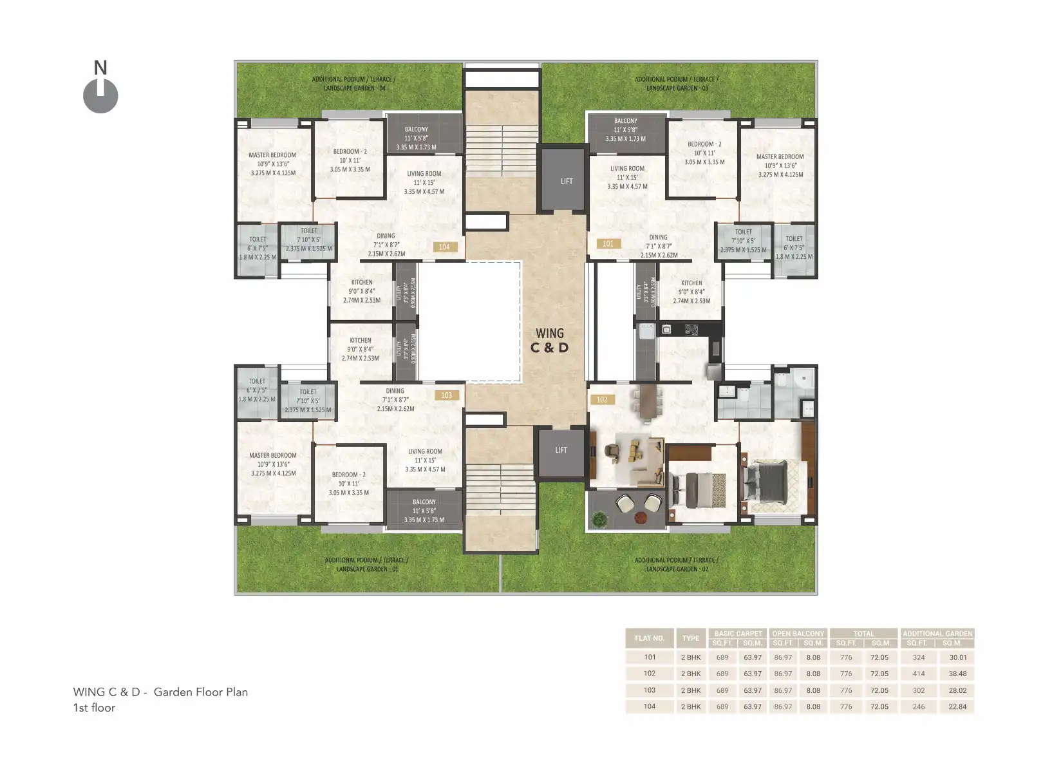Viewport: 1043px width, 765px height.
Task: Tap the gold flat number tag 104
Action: point(444,247)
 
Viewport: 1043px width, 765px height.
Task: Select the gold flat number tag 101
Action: point(608,243)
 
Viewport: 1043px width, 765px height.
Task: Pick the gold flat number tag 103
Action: point(446,395)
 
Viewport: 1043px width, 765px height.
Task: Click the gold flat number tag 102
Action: point(602,399)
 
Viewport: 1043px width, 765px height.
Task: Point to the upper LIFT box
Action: point(566,181)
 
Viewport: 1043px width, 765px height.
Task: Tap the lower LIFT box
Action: point(561,450)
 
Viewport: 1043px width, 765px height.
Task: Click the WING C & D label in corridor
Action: point(549,341)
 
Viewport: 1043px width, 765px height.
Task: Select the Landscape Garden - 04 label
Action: point(353,84)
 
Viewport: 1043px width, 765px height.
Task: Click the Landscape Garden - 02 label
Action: point(676,565)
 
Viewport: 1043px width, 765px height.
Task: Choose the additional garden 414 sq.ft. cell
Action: point(919,674)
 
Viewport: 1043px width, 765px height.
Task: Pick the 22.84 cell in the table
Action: point(957,706)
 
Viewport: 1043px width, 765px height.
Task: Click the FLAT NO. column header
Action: point(649,638)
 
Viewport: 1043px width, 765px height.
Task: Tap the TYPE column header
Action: point(691,638)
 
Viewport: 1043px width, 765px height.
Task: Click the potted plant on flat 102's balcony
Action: point(599,518)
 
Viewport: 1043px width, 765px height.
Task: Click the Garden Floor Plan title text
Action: point(160,692)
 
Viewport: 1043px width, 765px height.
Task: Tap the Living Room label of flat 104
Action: point(424,182)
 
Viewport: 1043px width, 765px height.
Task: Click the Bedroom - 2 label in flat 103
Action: point(348,484)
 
